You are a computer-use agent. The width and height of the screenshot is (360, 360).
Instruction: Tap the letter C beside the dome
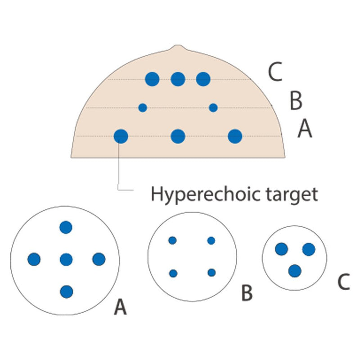[x=275, y=72]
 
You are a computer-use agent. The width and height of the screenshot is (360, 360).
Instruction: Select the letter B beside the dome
[x=295, y=102]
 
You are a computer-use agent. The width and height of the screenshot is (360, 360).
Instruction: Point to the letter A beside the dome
[x=305, y=130]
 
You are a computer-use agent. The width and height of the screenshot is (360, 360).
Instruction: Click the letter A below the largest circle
[x=120, y=308]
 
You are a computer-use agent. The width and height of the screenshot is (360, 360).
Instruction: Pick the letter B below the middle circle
[x=247, y=293]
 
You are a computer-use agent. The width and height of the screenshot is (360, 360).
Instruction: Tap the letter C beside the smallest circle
[x=343, y=282]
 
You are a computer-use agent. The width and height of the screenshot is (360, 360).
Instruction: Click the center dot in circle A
[x=66, y=259]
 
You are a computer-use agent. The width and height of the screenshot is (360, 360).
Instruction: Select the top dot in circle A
[x=66, y=227]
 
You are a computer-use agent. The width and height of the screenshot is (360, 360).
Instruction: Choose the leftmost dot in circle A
[x=34, y=259]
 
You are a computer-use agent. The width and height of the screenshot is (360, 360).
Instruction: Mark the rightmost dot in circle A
[x=99, y=259]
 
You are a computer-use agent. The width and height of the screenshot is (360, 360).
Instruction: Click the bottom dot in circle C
[x=295, y=271]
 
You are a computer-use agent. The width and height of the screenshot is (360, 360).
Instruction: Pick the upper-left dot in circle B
[x=172, y=240]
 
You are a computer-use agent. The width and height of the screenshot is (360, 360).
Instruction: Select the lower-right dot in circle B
[x=211, y=272]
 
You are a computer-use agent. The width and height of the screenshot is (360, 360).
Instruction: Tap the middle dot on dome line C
[x=178, y=79]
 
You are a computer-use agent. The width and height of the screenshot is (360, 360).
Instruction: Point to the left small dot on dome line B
[x=143, y=108]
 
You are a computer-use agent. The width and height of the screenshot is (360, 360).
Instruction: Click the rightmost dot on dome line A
[x=235, y=136]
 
